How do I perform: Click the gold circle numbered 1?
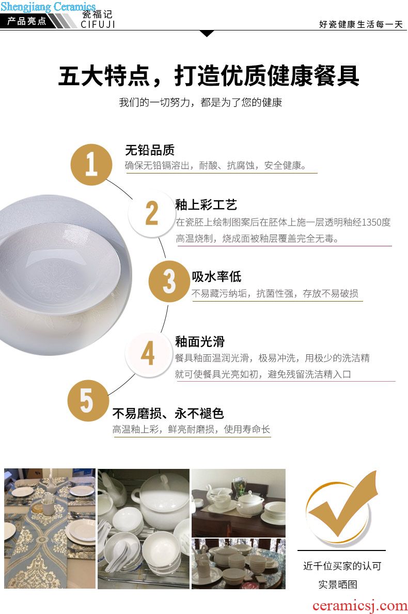91,164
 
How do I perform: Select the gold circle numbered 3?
169,281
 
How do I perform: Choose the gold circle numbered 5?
88,401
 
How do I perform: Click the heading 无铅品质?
150,150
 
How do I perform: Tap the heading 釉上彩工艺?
206,205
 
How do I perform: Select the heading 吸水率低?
216,277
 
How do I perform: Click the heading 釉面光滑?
200,342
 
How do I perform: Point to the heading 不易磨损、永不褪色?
168,414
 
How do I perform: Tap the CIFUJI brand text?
98,24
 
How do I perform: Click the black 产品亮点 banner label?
27,21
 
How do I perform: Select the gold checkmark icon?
341,505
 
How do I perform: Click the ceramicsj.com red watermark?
360,606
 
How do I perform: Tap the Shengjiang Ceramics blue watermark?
48,7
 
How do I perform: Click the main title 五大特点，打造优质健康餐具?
209,75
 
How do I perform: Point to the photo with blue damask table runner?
50,528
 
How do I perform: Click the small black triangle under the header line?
207,33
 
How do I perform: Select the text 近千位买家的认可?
342,566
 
